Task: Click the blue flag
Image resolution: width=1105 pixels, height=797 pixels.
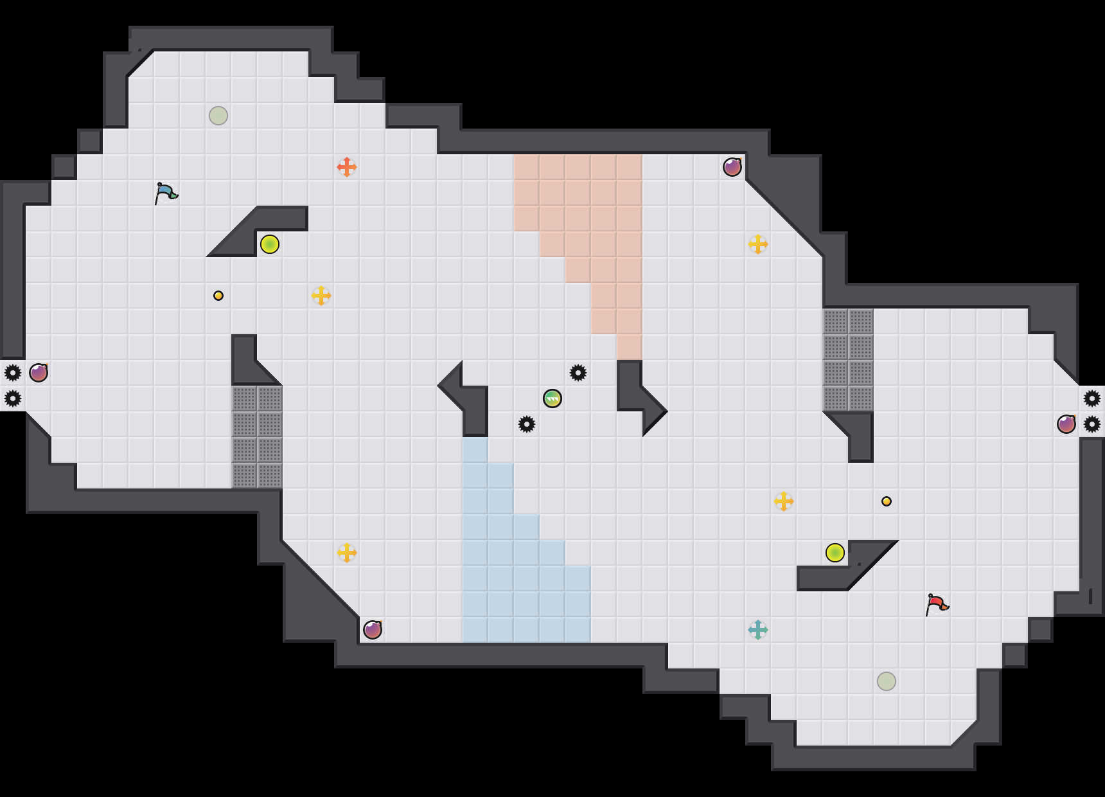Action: tap(166, 193)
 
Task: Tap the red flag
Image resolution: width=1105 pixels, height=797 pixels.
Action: tap(937, 604)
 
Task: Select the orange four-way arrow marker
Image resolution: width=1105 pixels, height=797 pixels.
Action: tap(347, 167)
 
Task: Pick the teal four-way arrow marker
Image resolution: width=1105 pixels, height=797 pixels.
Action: tap(758, 630)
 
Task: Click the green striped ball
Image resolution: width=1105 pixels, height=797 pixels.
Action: tap(552, 398)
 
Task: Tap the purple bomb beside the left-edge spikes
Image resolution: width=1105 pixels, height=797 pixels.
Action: tap(39, 373)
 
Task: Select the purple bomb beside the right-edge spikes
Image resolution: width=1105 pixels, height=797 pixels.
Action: tap(1066, 424)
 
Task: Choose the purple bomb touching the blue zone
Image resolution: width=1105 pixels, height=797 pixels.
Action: tap(373, 630)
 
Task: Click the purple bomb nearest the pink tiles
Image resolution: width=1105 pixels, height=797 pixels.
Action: tap(732, 167)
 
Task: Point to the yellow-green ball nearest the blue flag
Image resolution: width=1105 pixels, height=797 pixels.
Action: tap(270, 244)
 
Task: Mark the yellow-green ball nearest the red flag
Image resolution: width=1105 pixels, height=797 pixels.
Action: tap(835, 553)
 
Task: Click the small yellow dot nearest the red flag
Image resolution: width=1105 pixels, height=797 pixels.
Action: tap(887, 501)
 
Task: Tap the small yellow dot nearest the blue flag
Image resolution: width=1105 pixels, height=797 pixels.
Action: tap(218, 296)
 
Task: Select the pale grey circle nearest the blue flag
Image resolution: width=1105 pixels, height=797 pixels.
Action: tap(218, 116)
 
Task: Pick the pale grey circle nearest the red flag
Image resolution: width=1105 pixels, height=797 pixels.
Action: tap(887, 681)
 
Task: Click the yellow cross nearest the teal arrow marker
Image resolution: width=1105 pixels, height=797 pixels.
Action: tap(784, 501)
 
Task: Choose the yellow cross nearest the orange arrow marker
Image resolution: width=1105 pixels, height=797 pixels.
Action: tap(321, 296)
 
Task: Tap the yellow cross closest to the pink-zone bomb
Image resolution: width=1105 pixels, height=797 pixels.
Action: tap(758, 244)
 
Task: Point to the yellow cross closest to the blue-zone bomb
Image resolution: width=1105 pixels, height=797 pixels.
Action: tap(347, 553)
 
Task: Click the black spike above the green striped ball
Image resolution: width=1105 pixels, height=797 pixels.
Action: tap(578, 373)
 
